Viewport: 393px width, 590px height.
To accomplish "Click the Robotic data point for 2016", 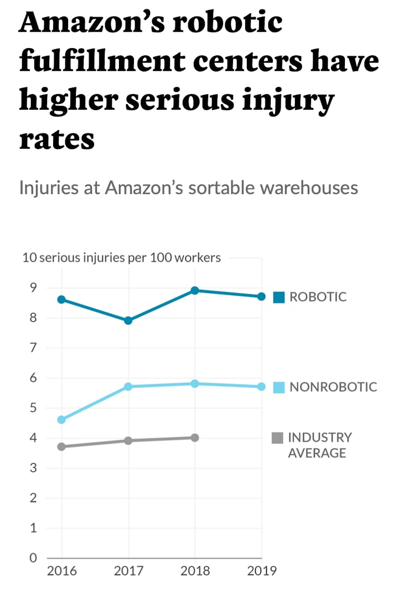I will click(x=61, y=300).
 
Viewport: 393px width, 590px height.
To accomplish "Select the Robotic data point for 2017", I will click(x=128, y=321).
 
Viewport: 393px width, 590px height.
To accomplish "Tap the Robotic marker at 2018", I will click(x=195, y=290).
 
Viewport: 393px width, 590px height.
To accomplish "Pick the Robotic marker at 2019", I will click(x=261, y=297).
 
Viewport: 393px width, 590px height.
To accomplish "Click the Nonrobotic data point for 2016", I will click(x=61, y=420).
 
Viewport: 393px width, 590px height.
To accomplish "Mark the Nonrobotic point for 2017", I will click(x=128, y=387).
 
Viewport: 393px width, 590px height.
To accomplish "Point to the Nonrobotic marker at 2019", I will click(x=261, y=387).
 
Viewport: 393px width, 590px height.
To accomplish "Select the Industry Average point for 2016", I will click(x=61, y=447).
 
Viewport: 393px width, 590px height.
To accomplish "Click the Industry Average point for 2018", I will click(x=195, y=438).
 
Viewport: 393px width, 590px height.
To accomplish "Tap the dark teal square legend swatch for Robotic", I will click(x=279, y=297).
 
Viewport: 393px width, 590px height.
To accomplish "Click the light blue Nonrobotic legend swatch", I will click(x=279, y=387).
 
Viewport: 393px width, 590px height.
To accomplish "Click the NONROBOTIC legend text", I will click(x=333, y=387).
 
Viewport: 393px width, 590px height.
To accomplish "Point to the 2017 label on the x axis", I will click(x=128, y=571).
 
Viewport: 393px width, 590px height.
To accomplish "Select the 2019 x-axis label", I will click(x=261, y=571).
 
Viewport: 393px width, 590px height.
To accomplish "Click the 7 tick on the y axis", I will click(x=33, y=348).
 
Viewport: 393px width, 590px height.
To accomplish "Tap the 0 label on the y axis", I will click(x=33, y=558).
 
